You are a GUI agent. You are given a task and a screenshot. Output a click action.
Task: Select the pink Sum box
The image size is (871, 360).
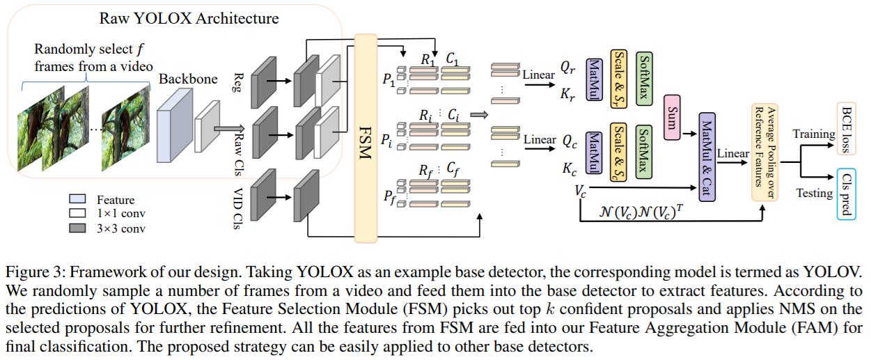(672, 116)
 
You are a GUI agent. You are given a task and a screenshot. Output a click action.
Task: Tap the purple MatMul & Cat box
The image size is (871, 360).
(706, 157)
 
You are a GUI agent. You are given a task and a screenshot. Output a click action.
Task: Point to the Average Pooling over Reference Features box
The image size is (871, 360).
(764, 153)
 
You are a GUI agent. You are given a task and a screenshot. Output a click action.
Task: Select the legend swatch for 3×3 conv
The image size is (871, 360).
(79, 228)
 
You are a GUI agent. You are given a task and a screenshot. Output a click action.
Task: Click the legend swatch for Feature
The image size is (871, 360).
(79, 199)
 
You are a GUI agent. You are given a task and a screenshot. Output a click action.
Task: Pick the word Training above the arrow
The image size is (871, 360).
(814, 134)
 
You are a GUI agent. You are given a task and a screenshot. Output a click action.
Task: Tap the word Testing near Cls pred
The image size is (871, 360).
(814, 193)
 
